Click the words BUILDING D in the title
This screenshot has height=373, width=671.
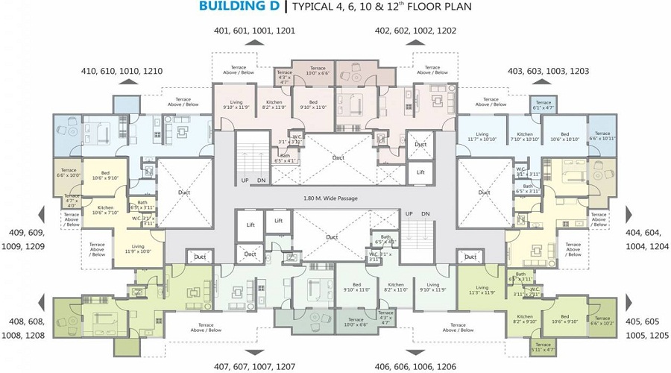point(239,7)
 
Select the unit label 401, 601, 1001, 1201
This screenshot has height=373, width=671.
point(254,31)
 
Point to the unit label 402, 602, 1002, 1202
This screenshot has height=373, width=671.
point(415,31)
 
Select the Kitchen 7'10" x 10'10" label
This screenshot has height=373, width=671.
point(524,136)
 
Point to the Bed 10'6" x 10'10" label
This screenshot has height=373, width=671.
point(565,136)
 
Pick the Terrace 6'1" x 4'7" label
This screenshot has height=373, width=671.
point(544,105)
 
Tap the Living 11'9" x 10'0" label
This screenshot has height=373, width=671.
point(137,248)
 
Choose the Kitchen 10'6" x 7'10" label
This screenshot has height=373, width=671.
point(105,210)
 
